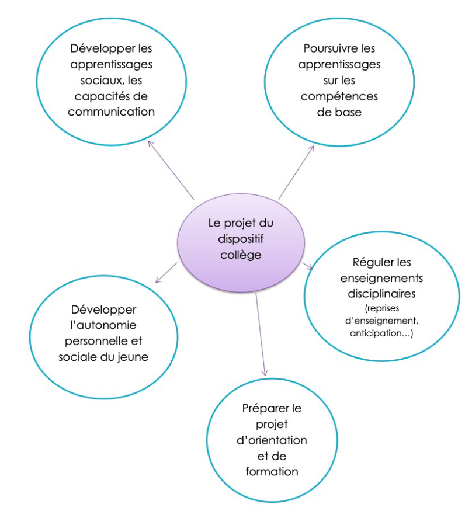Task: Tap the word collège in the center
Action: click(x=240, y=255)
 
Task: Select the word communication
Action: click(x=111, y=112)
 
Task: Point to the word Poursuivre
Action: click(x=322, y=49)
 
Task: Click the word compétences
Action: click(x=339, y=96)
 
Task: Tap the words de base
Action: click(x=339, y=112)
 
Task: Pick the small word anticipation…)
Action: click(x=381, y=333)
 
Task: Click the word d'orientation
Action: click(x=272, y=440)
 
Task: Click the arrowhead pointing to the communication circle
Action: click(x=150, y=142)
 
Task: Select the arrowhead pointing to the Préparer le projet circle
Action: click(x=265, y=373)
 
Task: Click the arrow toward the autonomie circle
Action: click(x=165, y=273)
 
